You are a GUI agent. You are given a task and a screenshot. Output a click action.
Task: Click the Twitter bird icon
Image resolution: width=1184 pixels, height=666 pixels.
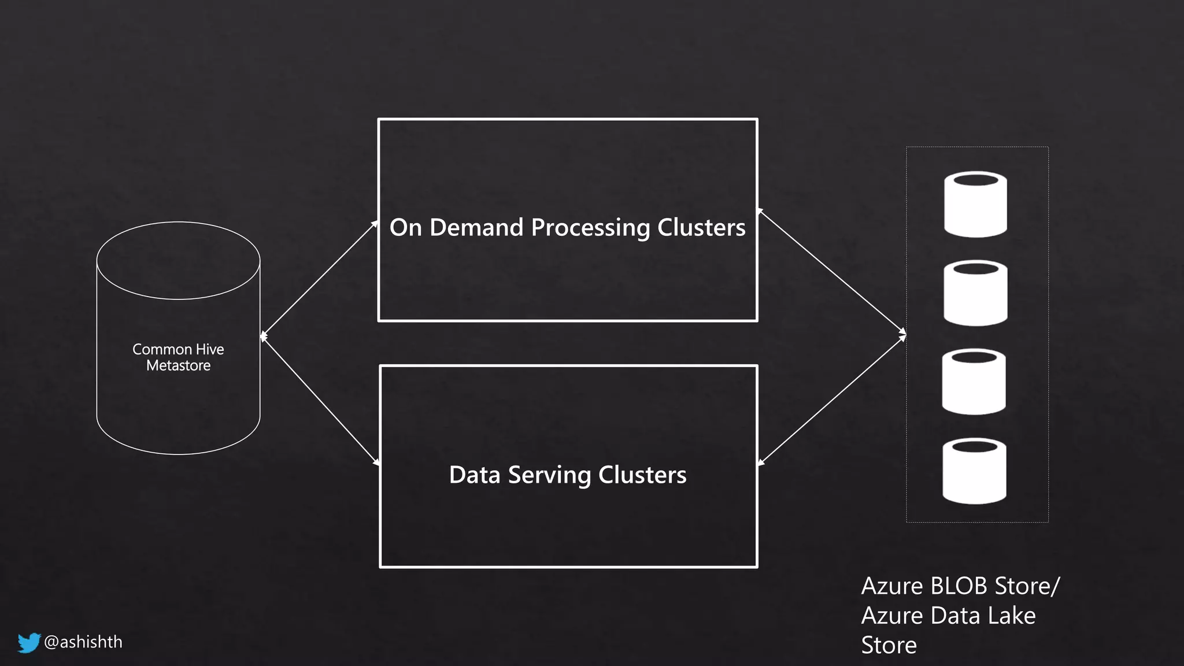(x=28, y=642)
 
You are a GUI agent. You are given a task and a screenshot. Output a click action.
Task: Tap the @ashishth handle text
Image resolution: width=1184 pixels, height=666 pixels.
(x=83, y=642)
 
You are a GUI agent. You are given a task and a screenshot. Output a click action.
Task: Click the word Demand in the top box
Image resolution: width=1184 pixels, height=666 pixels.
(x=476, y=227)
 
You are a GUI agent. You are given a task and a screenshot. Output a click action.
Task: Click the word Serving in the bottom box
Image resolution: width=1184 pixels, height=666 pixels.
(x=549, y=475)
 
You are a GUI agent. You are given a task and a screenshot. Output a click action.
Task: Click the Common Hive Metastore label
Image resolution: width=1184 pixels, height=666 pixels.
(x=178, y=357)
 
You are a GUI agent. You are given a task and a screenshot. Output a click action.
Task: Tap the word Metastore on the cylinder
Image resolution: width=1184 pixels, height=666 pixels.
(x=178, y=365)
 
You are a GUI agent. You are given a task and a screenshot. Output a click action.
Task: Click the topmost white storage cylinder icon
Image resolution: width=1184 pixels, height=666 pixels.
(x=975, y=204)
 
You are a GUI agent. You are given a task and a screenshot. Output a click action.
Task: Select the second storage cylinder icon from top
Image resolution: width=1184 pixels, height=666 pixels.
(x=975, y=293)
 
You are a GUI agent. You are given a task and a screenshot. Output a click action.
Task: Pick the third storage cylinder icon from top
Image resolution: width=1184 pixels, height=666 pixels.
(x=974, y=382)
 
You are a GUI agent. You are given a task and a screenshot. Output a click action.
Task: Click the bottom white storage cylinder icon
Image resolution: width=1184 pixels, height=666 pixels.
(x=974, y=471)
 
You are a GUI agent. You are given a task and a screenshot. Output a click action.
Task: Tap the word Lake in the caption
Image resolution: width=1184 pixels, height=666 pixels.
(x=1012, y=616)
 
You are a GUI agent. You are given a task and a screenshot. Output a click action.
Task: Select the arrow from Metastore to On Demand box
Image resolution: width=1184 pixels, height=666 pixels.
(x=319, y=279)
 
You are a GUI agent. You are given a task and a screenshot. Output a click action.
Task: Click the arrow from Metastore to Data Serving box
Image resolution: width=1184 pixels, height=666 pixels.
(x=320, y=400)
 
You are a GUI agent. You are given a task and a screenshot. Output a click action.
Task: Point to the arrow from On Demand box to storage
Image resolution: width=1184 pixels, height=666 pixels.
(x=832, y=271)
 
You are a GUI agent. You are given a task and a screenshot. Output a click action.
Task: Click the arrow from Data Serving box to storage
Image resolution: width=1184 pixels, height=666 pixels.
(x=832, y=400)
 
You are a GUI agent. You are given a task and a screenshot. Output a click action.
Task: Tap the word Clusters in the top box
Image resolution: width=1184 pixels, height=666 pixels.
(x=701, y=227)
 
